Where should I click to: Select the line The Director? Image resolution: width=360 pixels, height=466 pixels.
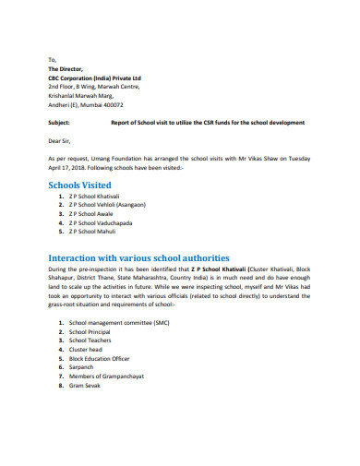65,68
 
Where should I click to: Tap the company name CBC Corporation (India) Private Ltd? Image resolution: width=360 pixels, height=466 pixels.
94,78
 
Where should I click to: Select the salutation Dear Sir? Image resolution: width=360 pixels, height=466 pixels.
60,141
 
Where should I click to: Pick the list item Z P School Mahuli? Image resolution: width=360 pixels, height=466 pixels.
96,232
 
